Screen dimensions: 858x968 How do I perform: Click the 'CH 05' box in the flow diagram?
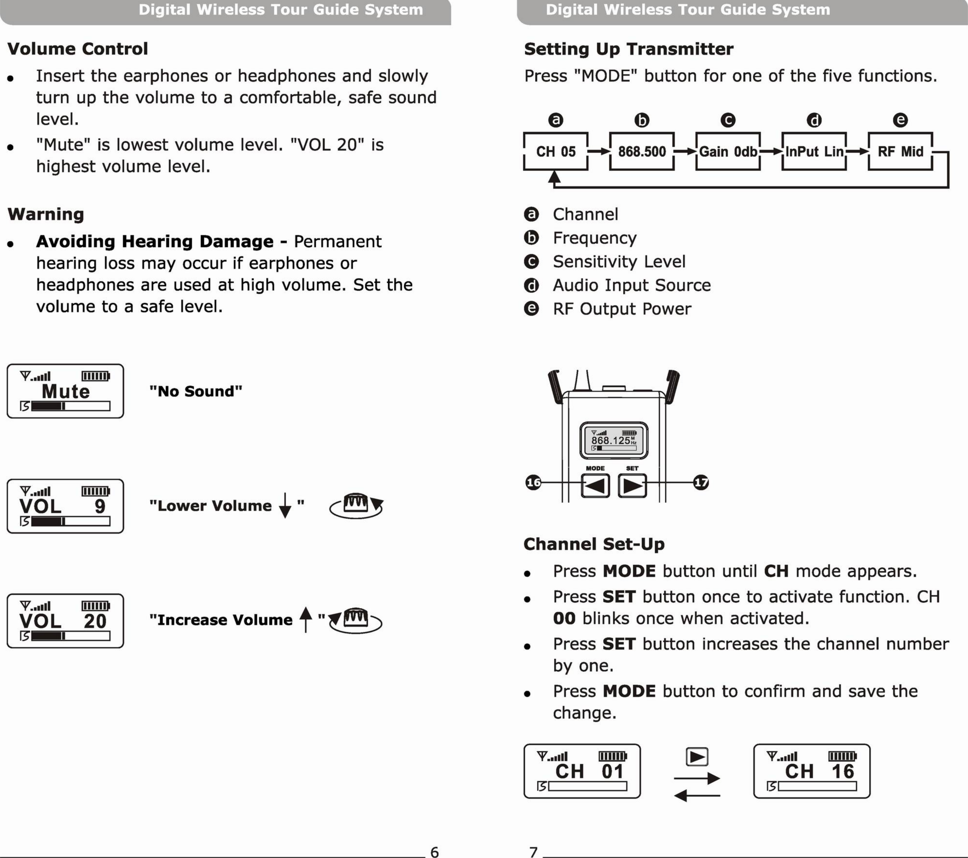click(556, 152)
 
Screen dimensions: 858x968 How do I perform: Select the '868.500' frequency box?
click(642, 152)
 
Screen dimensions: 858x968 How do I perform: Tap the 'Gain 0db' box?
click(728, 152)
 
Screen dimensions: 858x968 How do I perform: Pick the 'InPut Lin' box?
click(814, 152)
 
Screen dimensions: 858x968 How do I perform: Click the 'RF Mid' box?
click(900, 152)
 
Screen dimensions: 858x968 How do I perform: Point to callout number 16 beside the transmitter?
click(533, 483)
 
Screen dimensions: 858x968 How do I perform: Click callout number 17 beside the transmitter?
click(701, 483)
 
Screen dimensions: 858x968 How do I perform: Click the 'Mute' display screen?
click(65, 391)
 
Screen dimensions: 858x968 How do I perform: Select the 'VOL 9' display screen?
click(65, 506)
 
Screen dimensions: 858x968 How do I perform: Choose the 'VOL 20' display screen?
click(65, 621)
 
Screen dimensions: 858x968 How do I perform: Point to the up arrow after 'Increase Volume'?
click(306, 619)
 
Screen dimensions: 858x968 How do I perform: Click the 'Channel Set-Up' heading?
click(594, 544)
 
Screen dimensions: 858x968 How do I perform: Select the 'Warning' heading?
click(46, 214)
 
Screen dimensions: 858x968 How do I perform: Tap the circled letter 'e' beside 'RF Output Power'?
click(531, 309)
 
